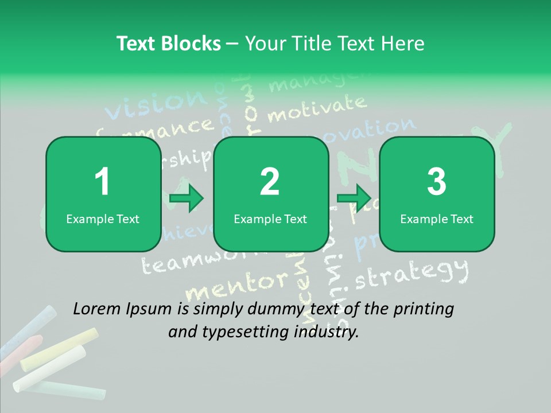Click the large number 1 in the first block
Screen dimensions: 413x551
point(102,182)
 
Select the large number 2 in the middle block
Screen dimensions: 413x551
point(270,182)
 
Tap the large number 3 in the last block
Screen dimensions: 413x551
point(437,182)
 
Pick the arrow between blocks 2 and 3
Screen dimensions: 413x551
point(354,198)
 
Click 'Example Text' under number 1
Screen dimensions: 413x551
point(103,219)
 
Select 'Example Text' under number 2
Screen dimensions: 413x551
point(270,219)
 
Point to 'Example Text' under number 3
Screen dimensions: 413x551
point(437,219)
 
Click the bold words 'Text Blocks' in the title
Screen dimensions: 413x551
point(169,44)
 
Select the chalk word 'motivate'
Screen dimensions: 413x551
point(316,107)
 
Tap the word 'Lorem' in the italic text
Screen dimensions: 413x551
point(98,309)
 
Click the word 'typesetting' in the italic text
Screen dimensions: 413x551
point(240,331)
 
